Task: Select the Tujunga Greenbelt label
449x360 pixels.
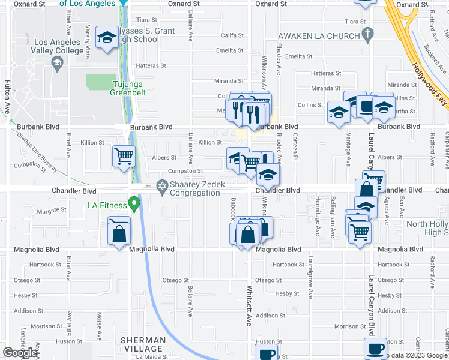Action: click(x=128, y=88)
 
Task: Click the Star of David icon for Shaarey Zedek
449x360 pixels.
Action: click(x=161, y=185)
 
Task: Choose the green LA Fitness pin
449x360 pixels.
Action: click(x=134, y=206)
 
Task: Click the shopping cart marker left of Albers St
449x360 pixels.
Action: click(x=124, y=157)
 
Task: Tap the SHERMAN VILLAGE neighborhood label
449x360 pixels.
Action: click(x=143, y=344)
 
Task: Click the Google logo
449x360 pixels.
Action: click(x=20, y=352)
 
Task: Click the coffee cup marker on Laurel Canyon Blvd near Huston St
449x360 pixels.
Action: click(x=376, y=349)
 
